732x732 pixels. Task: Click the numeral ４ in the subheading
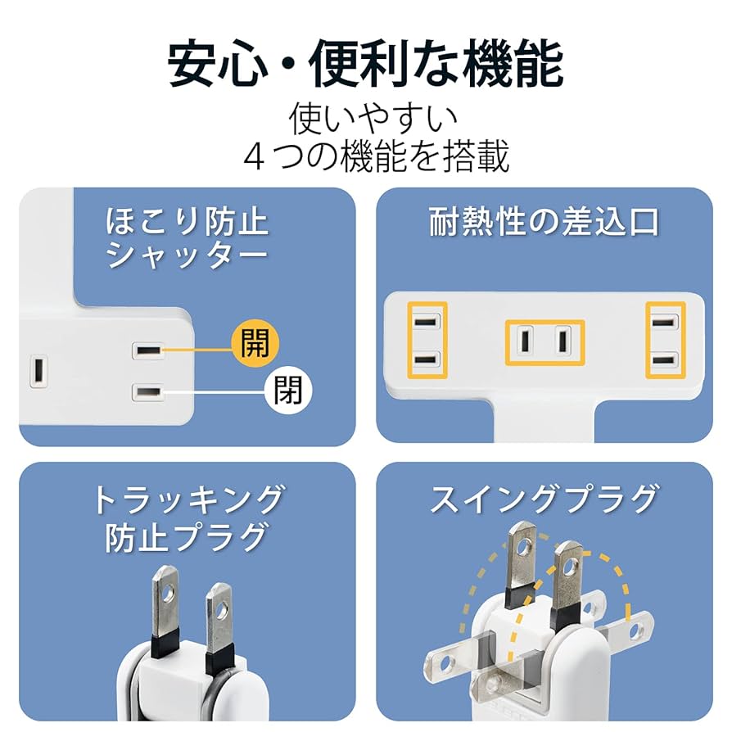tap(255, 157)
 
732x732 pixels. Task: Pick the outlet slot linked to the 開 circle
tap(148, 350)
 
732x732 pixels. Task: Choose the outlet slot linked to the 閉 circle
tap(148, 391)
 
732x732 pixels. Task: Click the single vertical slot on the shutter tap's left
tap(38, 371)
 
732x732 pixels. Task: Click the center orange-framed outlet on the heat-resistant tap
tap(544, 341)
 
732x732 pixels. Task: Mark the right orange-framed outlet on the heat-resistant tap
tap(665, 340)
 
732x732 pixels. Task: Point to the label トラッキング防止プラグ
tap(188, 517)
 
